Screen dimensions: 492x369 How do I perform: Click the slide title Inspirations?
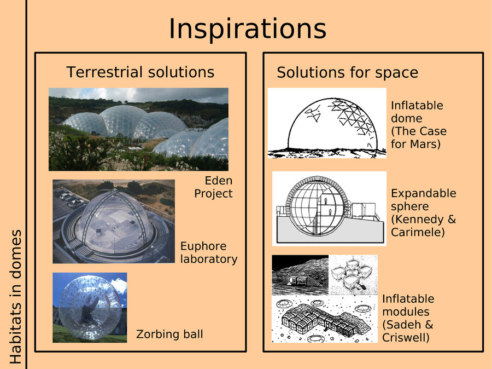(x=247, y=29)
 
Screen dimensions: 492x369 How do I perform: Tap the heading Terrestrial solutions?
(x=140, y=72)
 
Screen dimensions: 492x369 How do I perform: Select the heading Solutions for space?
(x=347, y=73)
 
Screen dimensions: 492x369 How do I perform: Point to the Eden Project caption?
(x=214, y=187)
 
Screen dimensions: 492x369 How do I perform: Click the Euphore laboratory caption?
(x=209, y=252)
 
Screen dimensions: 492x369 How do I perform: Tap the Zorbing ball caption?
(x=169, y=334)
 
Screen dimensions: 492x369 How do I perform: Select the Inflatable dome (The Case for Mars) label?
(x=419, y=124)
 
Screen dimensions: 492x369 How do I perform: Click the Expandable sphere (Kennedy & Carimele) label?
(x=423, y=212)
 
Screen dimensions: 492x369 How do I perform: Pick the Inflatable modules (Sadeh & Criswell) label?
(x=408, y=318)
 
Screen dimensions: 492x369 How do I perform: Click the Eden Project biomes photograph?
(x=138, y=129)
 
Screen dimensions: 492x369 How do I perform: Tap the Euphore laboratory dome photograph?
(x=114, y=221)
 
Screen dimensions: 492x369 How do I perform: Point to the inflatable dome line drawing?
(x=327, y=123)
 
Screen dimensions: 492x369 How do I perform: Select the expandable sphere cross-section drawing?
(x=329, y=209)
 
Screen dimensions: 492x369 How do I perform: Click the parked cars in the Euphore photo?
(x=68, y=198)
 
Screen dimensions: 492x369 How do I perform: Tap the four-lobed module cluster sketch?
(x=353, y=275)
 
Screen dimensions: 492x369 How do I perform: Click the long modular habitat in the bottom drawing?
(x=325, y=321)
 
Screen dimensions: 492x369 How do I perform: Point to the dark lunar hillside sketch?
(x=300, y=275)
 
